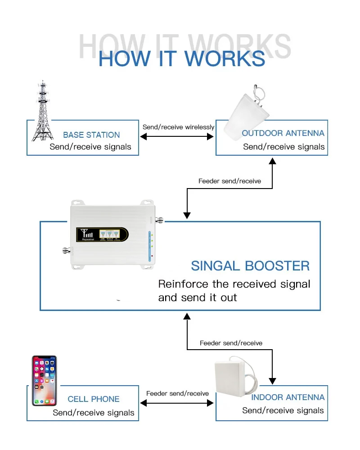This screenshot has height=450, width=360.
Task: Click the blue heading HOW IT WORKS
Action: tap(181, 59)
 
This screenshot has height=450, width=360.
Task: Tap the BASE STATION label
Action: tap(91, 135)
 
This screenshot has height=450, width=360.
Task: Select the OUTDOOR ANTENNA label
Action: tap(283, 133)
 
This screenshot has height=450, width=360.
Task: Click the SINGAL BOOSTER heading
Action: tap(250, 265)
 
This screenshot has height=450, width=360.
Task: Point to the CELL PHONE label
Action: tap(94, 399)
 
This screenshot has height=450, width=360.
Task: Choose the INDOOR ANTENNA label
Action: tap(288, 397)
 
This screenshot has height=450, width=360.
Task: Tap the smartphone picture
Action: tap(44, 380)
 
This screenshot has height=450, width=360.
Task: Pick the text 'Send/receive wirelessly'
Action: tap(178, 127)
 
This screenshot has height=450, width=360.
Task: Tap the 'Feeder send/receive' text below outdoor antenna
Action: tap(229, 181)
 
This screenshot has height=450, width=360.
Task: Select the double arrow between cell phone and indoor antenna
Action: tap(178, 404)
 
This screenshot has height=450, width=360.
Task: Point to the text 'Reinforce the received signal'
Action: tap(234, 284)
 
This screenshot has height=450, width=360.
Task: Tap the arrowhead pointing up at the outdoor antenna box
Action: tap(272, 161)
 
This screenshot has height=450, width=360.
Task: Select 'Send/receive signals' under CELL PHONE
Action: tap(94, 412)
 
